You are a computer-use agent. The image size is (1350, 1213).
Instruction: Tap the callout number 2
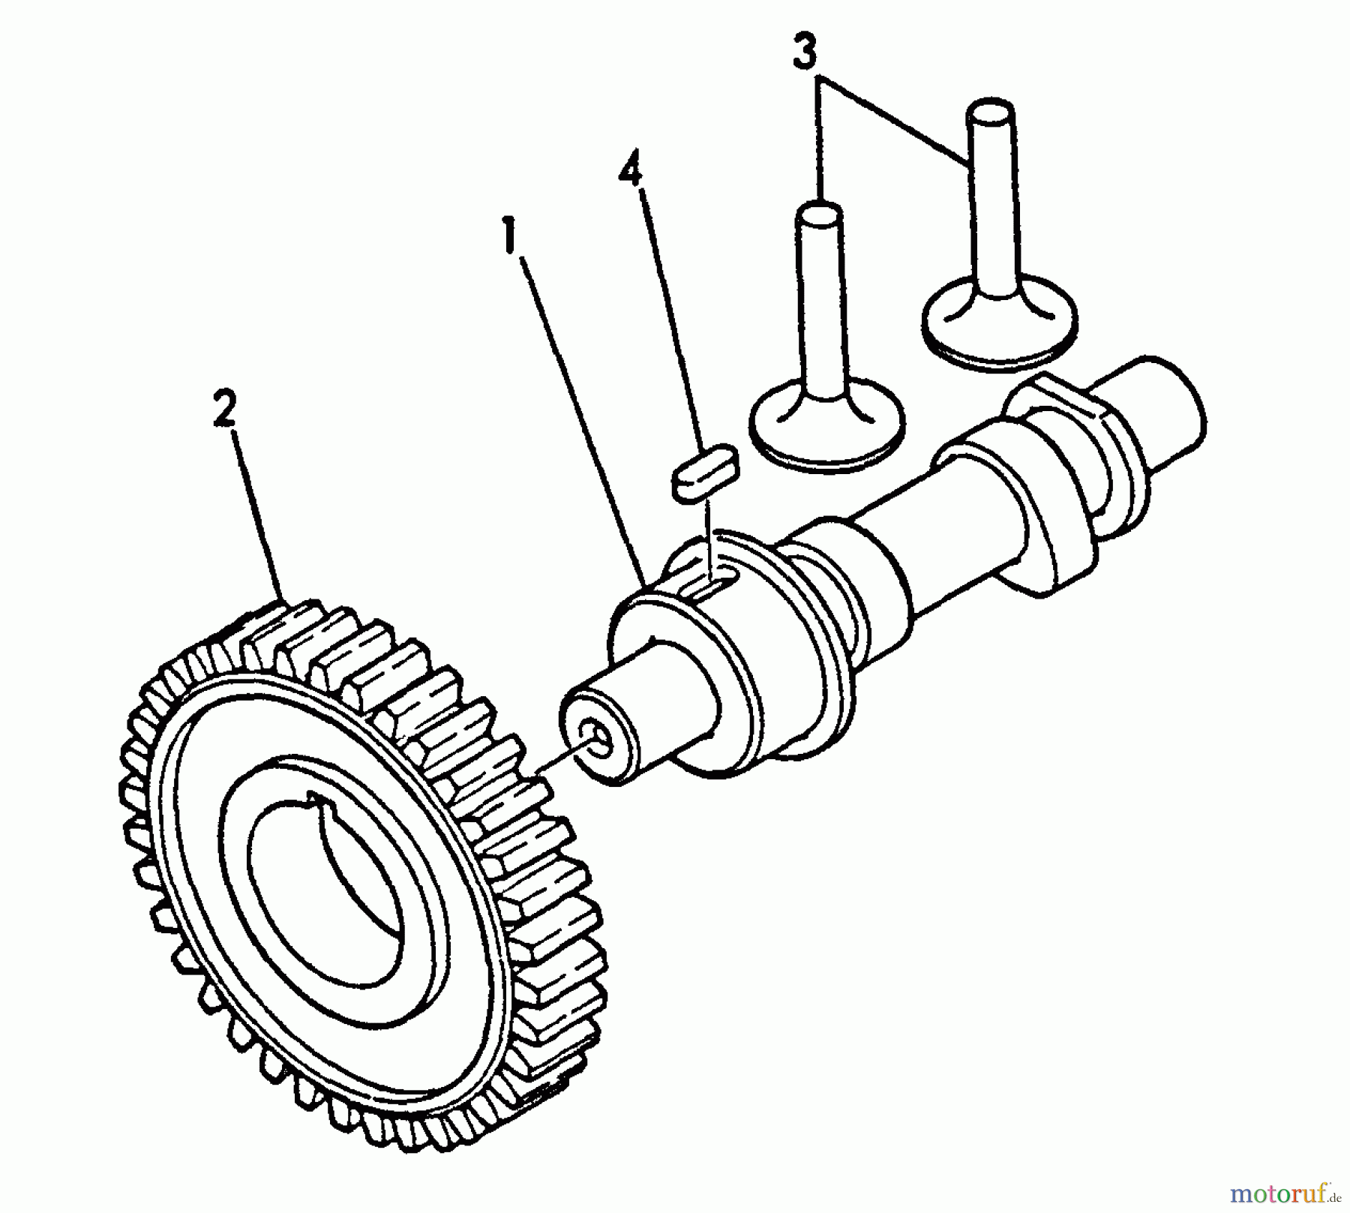tap(224, 410)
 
